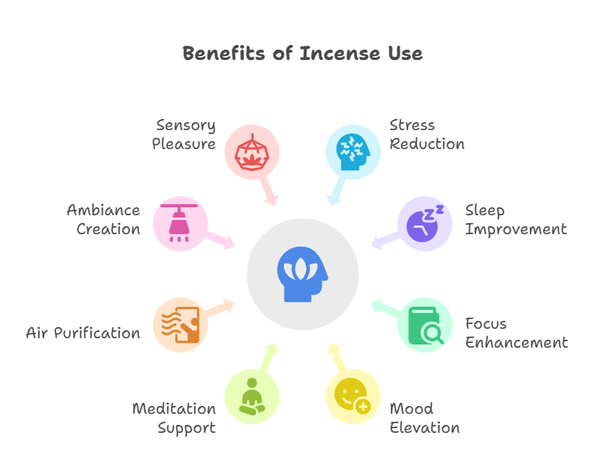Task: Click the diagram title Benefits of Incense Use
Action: click(302, 54)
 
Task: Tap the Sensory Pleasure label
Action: click(184, 134)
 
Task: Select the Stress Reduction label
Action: click(427, 134)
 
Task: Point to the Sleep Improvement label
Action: click(515, 220)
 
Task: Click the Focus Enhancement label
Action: click(516, 333)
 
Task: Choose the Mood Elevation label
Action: click(424, 419)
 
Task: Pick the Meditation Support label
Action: click(173, 419)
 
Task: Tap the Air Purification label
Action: click(83, 333)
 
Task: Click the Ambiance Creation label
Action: click(103, 220)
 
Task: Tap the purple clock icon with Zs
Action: click(424, 223)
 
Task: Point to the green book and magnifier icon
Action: click(424, 325)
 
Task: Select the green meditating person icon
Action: click(251, 396)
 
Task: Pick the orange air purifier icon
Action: click(180, 325)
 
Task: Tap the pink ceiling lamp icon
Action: click(180, 223)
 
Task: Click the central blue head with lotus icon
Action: click(303, 274)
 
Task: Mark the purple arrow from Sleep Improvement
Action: click(384, 240)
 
